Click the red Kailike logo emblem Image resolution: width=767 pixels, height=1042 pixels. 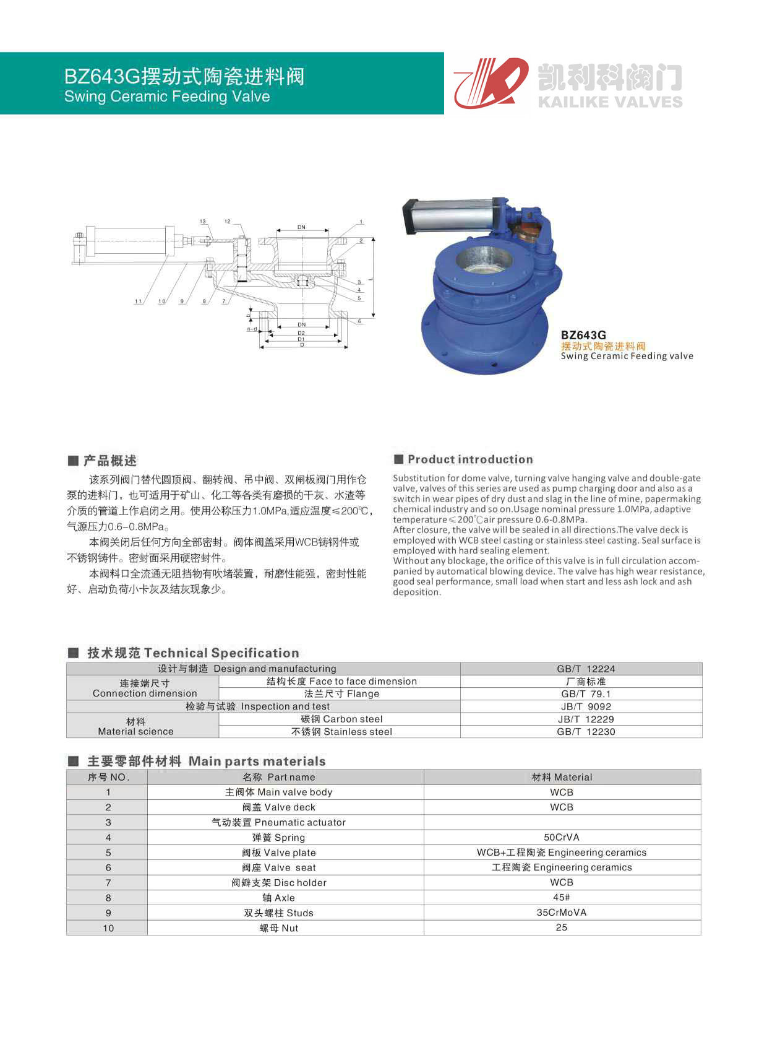491,82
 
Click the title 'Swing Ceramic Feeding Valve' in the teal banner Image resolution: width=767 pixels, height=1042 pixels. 167,97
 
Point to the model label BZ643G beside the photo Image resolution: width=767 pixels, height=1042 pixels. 583,336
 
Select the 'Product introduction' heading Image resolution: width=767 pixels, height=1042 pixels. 470,459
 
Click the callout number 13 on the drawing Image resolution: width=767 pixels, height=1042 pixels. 203,222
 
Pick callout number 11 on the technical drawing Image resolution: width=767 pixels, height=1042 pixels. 138,302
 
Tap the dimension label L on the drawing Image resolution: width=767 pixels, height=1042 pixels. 371,279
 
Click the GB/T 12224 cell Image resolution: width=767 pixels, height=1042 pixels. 586,669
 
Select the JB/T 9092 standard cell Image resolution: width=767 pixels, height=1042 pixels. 586,706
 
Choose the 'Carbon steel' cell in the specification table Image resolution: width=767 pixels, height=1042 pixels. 341,719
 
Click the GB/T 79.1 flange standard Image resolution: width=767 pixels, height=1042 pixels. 586,693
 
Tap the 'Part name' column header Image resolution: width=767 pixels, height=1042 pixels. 279,777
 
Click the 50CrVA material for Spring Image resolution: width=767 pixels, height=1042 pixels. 562,837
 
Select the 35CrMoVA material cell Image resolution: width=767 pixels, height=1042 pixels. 562,913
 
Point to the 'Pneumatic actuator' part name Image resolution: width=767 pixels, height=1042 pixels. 279,822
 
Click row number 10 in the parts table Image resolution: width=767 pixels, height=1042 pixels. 108,928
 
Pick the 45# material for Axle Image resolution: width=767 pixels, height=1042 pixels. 562,897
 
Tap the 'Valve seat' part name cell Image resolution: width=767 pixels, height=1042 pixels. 279,867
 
